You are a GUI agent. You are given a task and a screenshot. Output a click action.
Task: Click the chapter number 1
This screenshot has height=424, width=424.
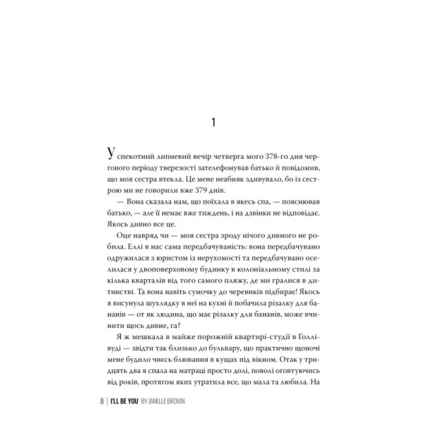pos(213,123)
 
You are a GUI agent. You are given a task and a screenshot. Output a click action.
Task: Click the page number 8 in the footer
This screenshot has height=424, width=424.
pos(102,401)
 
